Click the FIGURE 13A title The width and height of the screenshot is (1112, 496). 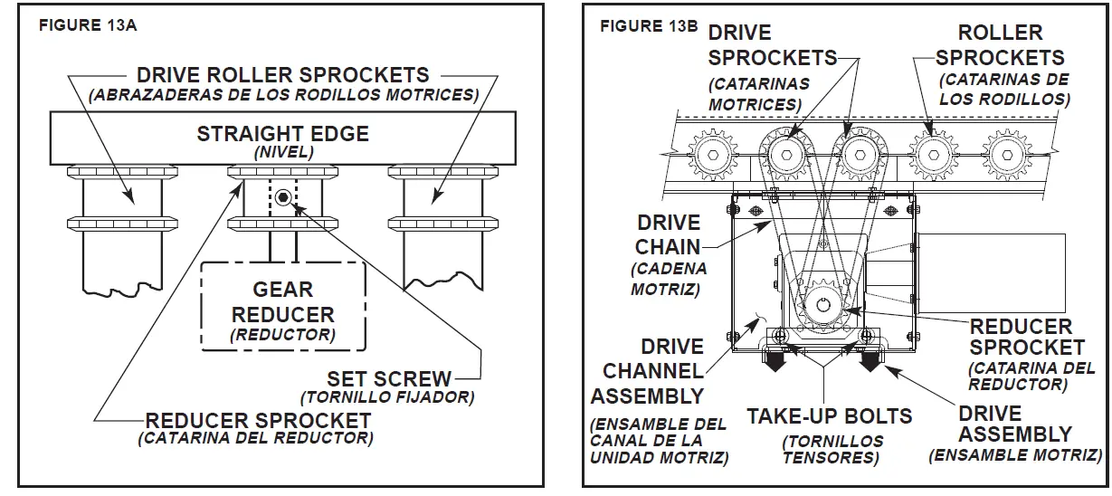pyautogui.click(x=88, y=25)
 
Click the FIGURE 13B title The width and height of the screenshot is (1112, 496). pyautogui.click(x=649, y=25)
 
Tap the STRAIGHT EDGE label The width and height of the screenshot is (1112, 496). pyautogui.click(x=282, y=134)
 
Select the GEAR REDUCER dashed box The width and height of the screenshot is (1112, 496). pyautogui.click(x=282, y=308)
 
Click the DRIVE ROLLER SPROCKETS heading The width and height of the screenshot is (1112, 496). pyautogui.click(x=282, y=74)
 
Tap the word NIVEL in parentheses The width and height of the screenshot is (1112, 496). pyautogui.click(x=282, y=152)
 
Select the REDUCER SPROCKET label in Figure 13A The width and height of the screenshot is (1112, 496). pyautogui.click(x=258, y=421)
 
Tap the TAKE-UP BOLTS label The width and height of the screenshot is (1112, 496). pyautogui.click(x=829, y=416)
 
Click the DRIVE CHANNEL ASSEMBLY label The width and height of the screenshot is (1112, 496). pyautogui.click(x=647, y=371)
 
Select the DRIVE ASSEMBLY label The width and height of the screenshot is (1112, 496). pyautogui.click(x=1014, y=424)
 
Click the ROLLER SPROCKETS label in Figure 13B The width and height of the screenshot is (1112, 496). pyautogui.click(x=1000, y=45)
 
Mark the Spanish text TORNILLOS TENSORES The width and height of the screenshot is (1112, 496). pyautogui.click(x=829, y=449)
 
